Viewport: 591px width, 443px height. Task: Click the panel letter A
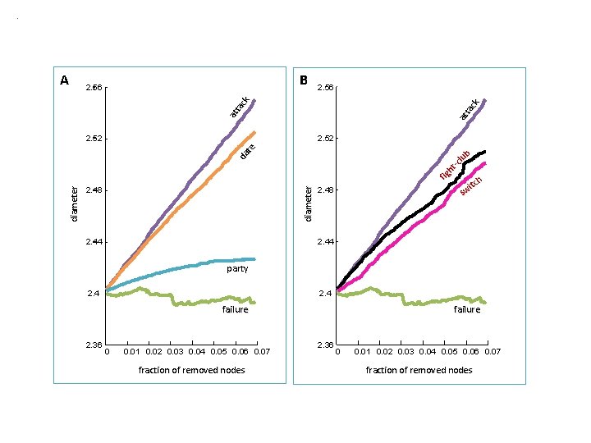pyautogui.click(x=65, y=80)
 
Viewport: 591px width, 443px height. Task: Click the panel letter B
pyautogui.click(x=304, y=80)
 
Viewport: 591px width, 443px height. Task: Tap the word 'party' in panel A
pyautogui.click(x=237, y=269)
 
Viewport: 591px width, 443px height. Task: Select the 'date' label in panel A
pyautogui.click(x=248, y=151)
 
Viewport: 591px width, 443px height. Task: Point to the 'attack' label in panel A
pyautogui.click(x=240, y=107)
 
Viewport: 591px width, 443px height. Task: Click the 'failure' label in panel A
pyautogui.click(x=236, y=309)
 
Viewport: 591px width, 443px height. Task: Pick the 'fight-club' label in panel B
pyautogui.click(x=455, y=165)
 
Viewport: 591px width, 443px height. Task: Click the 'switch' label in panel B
pyautogui.click(x=471, y=185)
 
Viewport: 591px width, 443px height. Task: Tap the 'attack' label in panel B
pyautogui.click(x=470, y=109)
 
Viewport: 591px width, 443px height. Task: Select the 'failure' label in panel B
pyautogui.click(x=467, y=309)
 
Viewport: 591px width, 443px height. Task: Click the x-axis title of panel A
pyautogui.click(x=192, y=370)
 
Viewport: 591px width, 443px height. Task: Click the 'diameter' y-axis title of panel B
pyautogui.click(x=309, y=203)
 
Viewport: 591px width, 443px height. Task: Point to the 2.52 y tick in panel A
pyautogui.click(x=94, y=139)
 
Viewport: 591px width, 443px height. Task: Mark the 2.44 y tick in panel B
pyautogui.click(x=326, y=241)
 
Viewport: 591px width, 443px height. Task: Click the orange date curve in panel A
pyautogui.click(x=181, y=209)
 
